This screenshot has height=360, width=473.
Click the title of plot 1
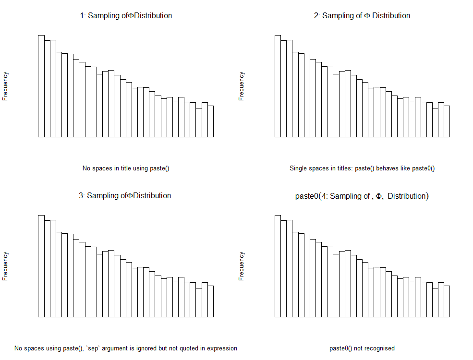coord(126,16)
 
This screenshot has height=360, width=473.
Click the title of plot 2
coord(362,16)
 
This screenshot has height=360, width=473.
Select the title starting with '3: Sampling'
coord(125,196)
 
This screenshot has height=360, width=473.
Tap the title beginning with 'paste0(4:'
coord(362,196)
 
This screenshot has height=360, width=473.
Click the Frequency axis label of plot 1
coord(5,86)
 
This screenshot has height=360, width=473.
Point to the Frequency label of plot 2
coord(242,86)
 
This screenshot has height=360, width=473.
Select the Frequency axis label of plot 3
coord(5,266)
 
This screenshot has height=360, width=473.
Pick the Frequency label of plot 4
coord(242,266)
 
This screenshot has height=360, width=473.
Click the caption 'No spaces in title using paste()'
coord(126,168)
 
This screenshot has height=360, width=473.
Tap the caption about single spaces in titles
coord(362,168)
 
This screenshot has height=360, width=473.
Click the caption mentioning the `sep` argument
coord(126,348)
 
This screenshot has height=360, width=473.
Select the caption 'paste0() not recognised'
coord(362,348)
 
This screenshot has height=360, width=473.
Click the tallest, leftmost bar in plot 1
coord(41,86)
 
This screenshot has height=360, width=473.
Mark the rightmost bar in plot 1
coord(210,121)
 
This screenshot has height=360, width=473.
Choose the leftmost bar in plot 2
coord(278,86)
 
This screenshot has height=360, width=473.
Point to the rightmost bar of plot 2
coord(447,121)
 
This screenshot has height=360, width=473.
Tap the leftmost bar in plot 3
coord(41,266)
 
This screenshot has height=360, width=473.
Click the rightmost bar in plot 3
coord(210,301)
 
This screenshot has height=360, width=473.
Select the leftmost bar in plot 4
coord(278,266)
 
